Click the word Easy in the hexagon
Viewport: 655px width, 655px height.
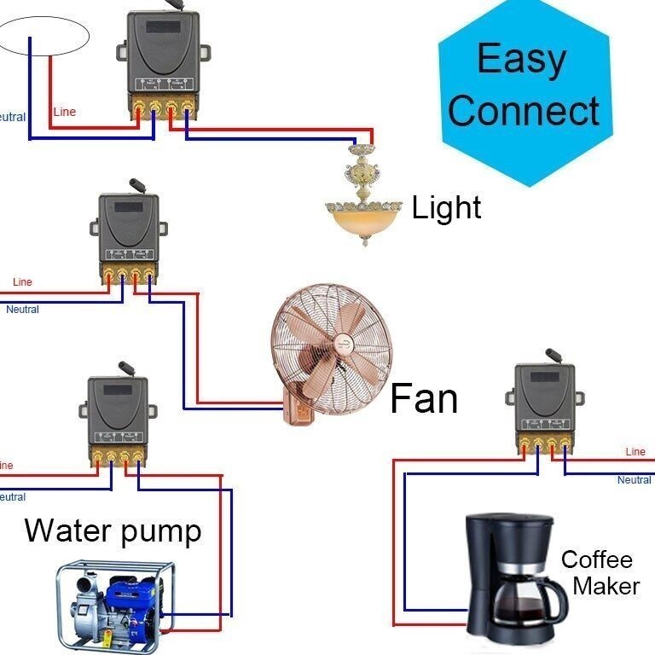tap(521, 59)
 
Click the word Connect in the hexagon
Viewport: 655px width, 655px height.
tap(524, 110)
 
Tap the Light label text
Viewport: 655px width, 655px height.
tap(446, 207)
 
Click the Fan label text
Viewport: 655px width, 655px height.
tap(424, 398)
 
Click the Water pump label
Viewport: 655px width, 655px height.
tap(113, 530)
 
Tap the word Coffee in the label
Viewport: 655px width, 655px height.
tap(596, 560)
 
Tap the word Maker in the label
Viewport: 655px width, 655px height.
tap(606, 586)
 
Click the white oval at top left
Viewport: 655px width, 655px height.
tap(44, 35)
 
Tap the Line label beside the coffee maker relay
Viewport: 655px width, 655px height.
tap(635, 452)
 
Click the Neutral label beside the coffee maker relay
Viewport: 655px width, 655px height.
tap(634, 480)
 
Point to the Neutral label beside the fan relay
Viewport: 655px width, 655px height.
tap(23, 310)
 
